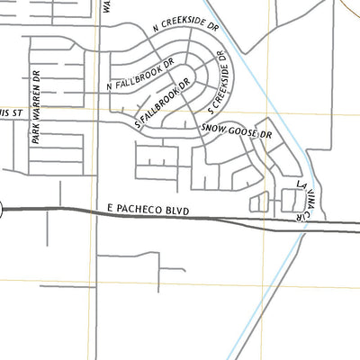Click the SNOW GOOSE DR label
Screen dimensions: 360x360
point(236,130)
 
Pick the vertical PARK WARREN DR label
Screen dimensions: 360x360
point(37,108)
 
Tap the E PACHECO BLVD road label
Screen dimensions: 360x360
point(149,208)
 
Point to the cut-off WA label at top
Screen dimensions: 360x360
point(107,4)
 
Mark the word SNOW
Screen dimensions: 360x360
point(212,130)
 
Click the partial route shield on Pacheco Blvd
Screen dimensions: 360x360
point(1,210)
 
